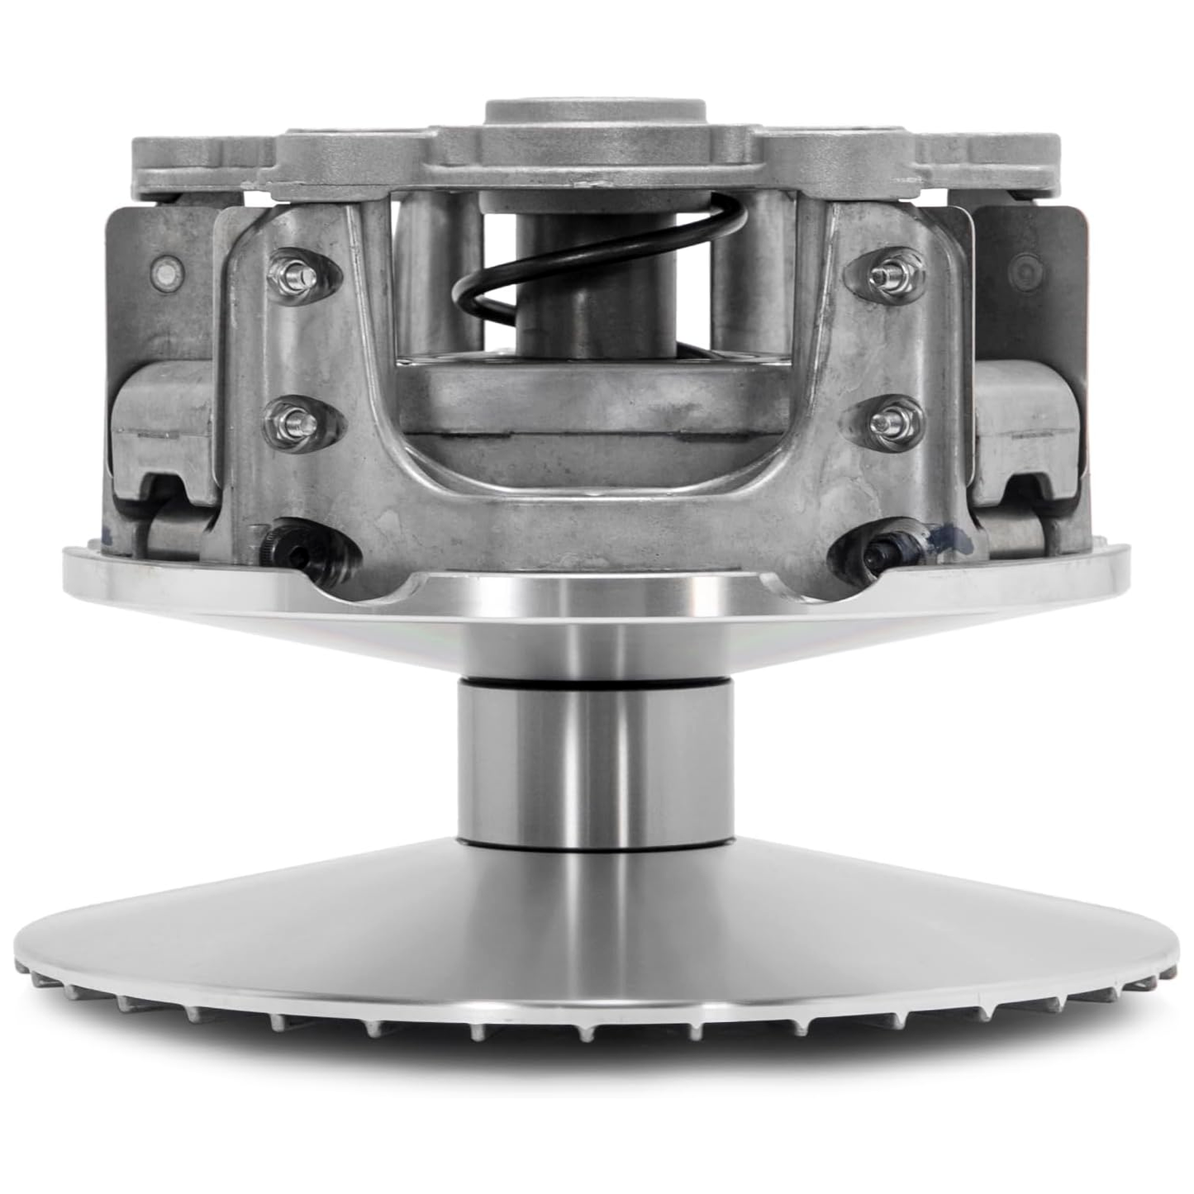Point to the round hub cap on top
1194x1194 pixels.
[595, 112]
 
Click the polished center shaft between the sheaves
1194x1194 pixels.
[595, 760]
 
